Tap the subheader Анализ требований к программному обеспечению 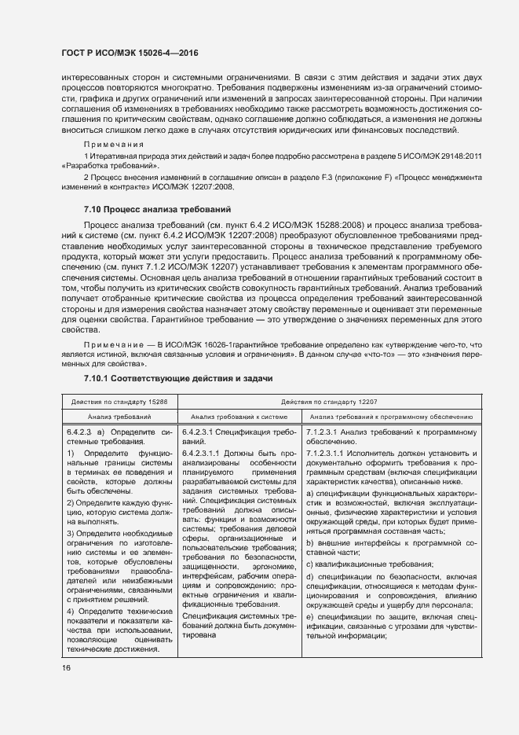point(390,417)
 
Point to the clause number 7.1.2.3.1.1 point(331,454)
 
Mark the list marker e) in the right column point(309,616)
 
